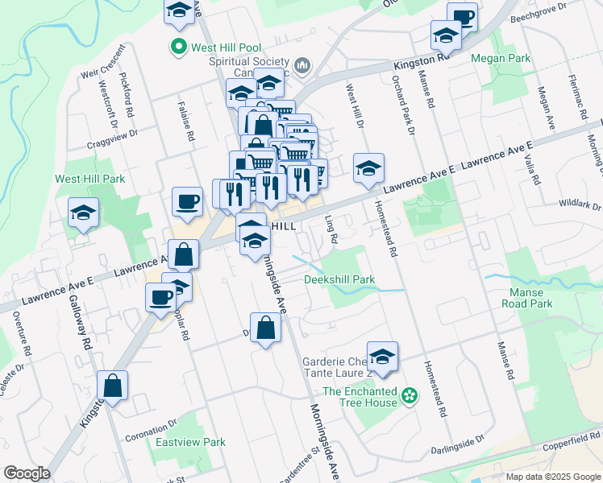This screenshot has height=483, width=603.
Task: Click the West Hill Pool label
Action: pyautogui.click(x=222, y=47)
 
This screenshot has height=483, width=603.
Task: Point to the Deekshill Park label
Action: pyautogui.click(x=339, y=280)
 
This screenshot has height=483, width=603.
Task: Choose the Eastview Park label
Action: pyautogui.click(x=190, y=442)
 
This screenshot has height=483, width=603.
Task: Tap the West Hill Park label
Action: pyautogui.click(x=89, y=179)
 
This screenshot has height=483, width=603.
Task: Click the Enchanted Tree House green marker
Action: pyautogui.click(x=410, y=394)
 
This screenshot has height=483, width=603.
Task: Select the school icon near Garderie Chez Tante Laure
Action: pyautogui.click(x=382, y=355)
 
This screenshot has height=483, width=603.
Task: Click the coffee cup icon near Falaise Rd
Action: pyautogui.click(x=188, y=200)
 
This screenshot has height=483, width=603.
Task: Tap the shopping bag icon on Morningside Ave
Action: pyautogui.click(x=265, y=327)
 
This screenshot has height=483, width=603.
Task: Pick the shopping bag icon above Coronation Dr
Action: pyautogui.click(x=113, y=385)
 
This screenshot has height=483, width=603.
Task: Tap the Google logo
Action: pyautogui.click(x=27, y=473)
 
